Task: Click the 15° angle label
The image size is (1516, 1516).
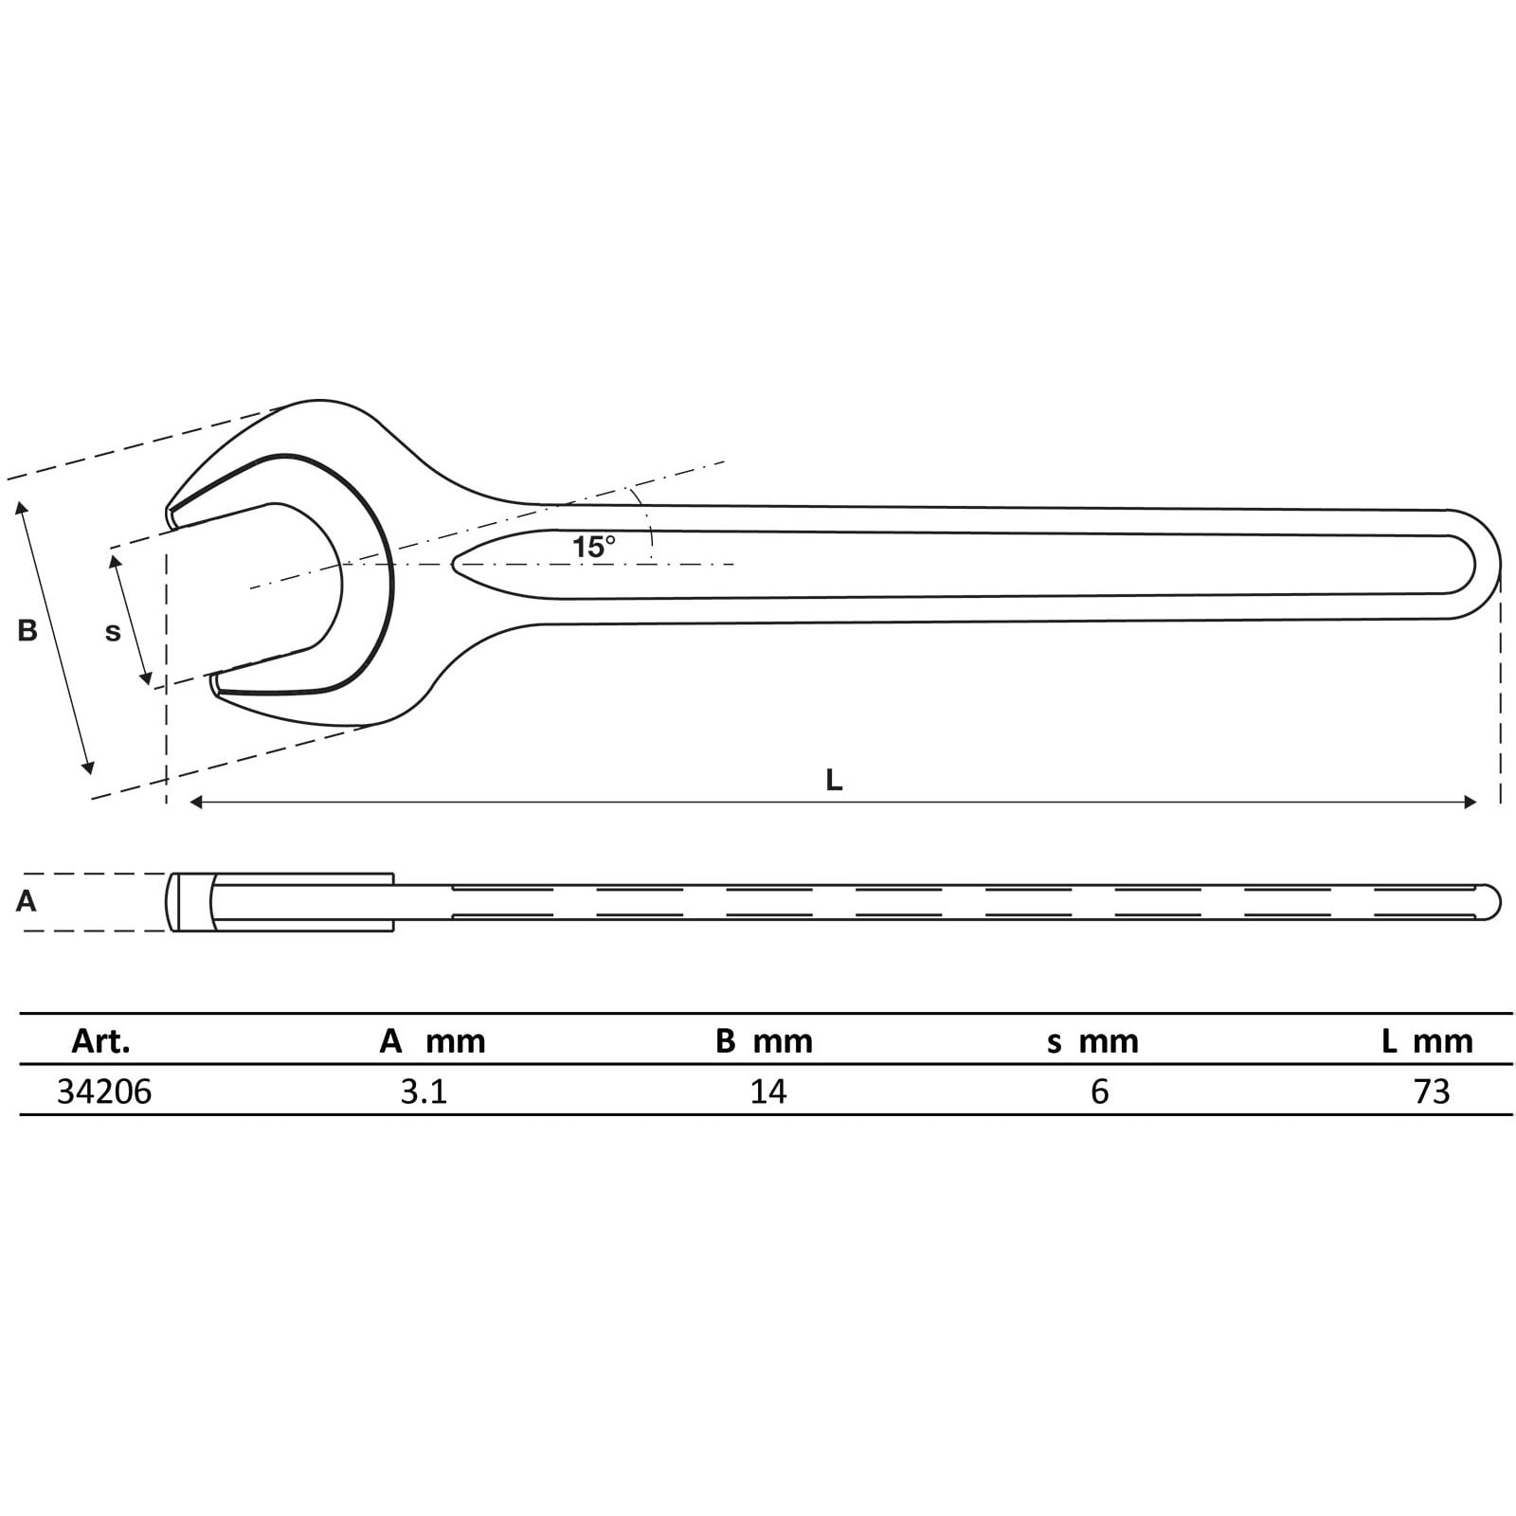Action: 593,548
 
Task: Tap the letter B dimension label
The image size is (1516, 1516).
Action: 27,630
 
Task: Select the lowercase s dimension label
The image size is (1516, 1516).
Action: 113,632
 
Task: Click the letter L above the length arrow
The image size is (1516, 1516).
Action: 834,780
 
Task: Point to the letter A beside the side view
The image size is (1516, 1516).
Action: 26,901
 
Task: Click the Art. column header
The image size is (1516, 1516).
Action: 100,1041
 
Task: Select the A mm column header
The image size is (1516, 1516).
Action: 432,1041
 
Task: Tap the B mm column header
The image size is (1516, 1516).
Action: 764,1041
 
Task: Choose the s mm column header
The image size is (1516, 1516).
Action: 1092,1041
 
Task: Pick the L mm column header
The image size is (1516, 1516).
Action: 1427,1041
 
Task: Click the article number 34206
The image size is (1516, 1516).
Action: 104,1092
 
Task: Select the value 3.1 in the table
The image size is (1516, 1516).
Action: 424,1092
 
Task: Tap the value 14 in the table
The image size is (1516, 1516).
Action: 767,1092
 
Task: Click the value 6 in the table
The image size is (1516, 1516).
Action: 1099,1092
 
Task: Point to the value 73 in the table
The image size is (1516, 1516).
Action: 1432,1092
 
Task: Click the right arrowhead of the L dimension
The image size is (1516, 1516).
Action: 1471,803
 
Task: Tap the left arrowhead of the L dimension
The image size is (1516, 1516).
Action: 195,803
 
